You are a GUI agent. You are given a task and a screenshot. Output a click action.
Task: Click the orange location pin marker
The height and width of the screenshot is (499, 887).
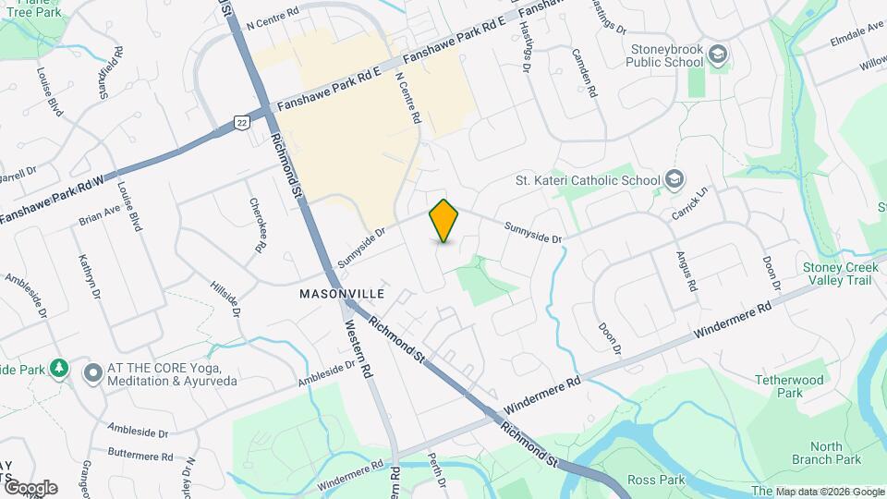point(443,220)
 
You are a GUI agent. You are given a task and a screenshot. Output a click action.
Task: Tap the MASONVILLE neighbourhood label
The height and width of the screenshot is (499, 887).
point(342,293)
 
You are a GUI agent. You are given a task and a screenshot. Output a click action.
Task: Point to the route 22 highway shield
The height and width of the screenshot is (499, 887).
point(241,122)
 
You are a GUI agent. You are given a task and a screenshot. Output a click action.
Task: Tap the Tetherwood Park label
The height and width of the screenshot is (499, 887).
point(788,386)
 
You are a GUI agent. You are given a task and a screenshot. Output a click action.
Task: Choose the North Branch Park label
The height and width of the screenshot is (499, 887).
point(825,453)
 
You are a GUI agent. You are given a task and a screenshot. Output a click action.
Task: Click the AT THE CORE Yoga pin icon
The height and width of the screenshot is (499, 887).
point(92,373)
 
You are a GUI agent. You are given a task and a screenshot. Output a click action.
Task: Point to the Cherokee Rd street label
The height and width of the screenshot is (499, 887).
point(258,225)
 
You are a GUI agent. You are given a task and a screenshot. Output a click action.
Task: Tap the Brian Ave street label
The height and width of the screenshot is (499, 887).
point(100,215)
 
